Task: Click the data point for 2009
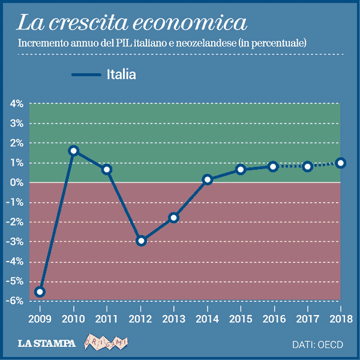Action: pyautogui.click(x=40, y=292)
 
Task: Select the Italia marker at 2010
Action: pyautogui.click(x=73, y=151)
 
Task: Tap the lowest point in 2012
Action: pyautogui.click(x=141, y=241)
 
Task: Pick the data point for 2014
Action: pyautogui.click(x=208, y=179)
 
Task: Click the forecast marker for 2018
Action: pyautogui.click(x=341, y=163)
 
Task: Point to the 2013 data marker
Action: pyautogui.click(x=174, y=218)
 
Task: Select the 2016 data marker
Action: pyautogui.click(x=274, y=166)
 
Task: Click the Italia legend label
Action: pyautogui.click(x=121, y=75)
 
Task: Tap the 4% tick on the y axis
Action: pyautogui.click(x=16, y=104)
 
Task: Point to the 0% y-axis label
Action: pyautogui.click(x=16, y=182)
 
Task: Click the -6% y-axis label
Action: pyautogui.click(x=15, y=301)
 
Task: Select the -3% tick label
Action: pyautogui.click(x=15, y=242)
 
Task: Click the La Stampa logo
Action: pyautogui.click(x=47, y=344)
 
